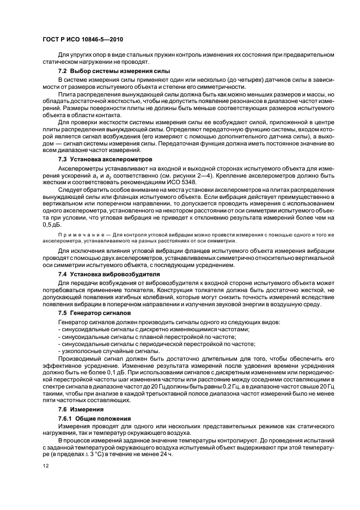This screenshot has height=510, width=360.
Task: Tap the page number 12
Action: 47,465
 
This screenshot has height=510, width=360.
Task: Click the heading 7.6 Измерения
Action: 82,408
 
